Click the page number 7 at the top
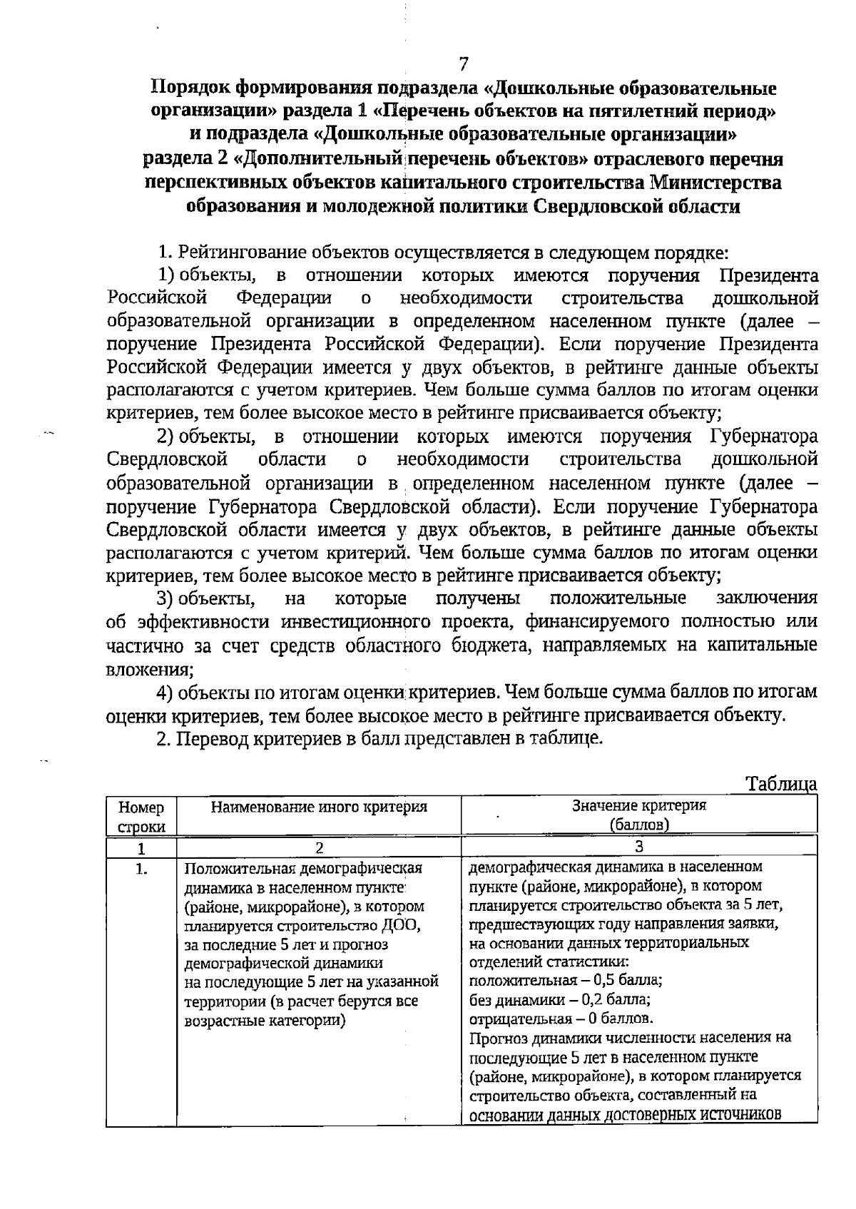(464, 64)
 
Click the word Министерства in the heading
(715, 183)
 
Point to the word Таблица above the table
(781, 784)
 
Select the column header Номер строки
(141, 817)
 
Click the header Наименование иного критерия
(319, 807)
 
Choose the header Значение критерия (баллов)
(638, 815)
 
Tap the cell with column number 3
(638, 847)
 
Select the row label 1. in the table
(141, 869)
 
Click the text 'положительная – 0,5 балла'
(566, 980)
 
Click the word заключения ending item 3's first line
(766, 598)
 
